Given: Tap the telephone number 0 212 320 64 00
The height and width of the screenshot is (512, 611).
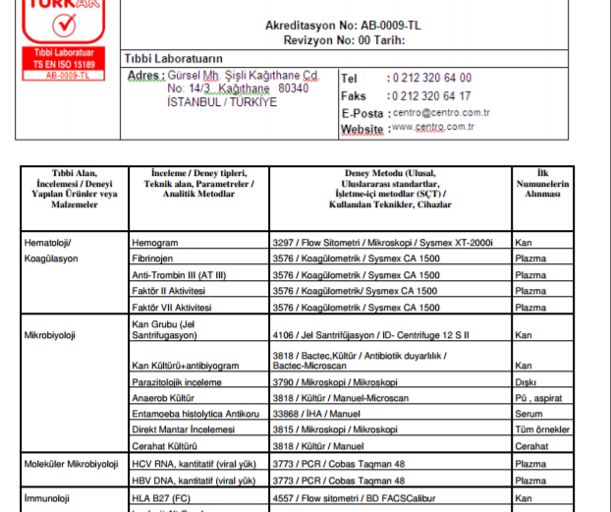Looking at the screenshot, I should click(430, 78).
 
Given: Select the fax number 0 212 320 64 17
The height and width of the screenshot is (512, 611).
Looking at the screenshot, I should click(430, 96).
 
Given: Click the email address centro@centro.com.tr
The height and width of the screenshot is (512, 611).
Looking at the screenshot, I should click(440, 112).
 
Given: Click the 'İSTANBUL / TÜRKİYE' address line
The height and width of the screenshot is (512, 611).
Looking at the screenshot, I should click(222, 102).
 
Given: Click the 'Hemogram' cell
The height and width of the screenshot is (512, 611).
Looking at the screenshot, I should click(155, 242).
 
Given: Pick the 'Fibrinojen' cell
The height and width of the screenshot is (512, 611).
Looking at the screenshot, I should click(155, 258).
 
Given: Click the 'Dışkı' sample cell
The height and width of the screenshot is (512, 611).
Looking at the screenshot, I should click(528, 382).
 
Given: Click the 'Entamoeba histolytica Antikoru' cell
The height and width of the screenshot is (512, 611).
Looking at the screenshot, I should click(194, 415).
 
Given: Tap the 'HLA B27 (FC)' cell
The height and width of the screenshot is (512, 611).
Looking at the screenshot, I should click(160, 498).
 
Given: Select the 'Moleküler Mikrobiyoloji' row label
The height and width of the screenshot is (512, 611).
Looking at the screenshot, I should click(71, 464).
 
